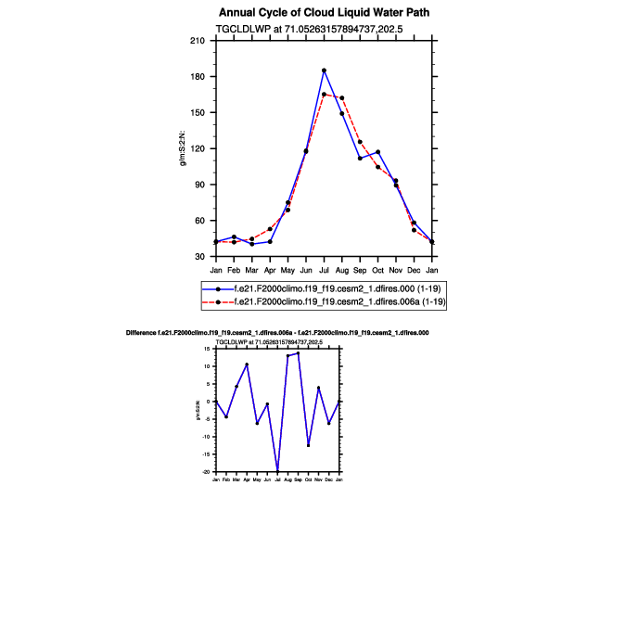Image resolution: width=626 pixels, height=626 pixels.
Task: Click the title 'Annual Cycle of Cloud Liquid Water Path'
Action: click(x=312, y=13)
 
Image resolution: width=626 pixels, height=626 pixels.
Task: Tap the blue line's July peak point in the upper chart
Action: click(x=324, y=70)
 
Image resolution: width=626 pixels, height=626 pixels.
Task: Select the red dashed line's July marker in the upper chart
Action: click(x=324, y=94)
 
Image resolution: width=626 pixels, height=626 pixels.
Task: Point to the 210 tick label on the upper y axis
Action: click(x=198, y=41)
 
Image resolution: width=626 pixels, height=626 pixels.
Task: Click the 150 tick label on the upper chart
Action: click(x=198, y=113)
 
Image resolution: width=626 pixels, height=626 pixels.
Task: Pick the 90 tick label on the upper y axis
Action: click(x=199, y=185)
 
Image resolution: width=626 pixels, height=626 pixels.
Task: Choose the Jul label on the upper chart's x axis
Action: click(x=324, y=270)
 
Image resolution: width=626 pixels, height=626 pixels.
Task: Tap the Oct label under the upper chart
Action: click(x=377, y=270)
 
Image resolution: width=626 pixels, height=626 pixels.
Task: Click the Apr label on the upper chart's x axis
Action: click(x=270, y=270)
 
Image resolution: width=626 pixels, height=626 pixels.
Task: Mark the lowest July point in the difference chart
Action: click(x=277, y=471)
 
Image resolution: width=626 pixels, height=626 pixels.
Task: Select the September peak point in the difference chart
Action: click(x=298, y=353)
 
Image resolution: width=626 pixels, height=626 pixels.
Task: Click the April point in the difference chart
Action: click(x=247, y=364)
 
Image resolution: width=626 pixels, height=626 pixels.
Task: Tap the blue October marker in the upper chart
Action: click(x=377, y=152)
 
